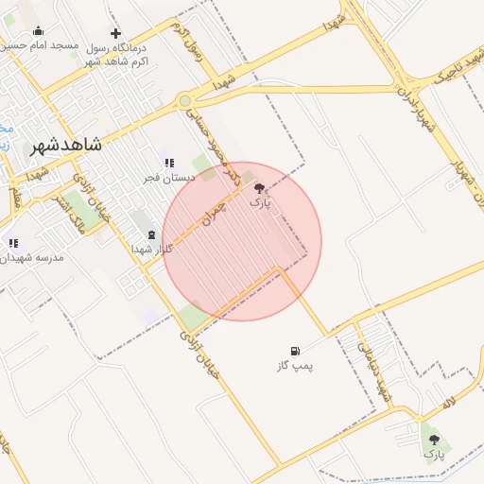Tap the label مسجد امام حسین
43,45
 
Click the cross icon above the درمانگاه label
116,33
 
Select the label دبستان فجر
169,177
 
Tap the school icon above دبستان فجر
169,163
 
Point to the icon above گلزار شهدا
151,234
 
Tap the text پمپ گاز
295,365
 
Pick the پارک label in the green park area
434,454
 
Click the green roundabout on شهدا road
185,101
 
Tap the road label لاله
448,404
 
